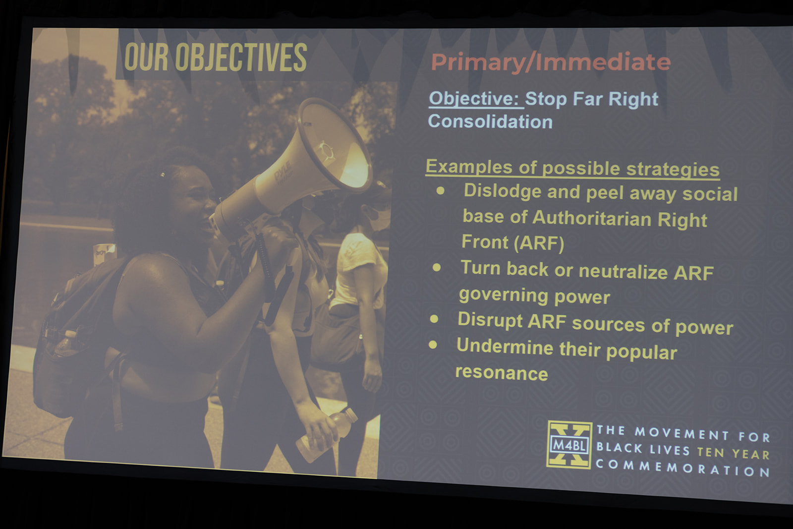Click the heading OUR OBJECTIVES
(215, 58)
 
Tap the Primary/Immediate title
(551, 63)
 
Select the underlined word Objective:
(476, 99)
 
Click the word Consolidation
(490, 121)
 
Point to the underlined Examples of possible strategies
(572, 168)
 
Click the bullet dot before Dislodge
(441, 191)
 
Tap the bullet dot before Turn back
(437, 268)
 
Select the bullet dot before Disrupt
(434, 319)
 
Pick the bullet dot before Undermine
(433, 345)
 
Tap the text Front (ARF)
(512, 242)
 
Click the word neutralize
(623, 272)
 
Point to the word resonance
(501, 373)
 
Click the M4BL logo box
(569, 445)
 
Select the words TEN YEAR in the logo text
(733, 454)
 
